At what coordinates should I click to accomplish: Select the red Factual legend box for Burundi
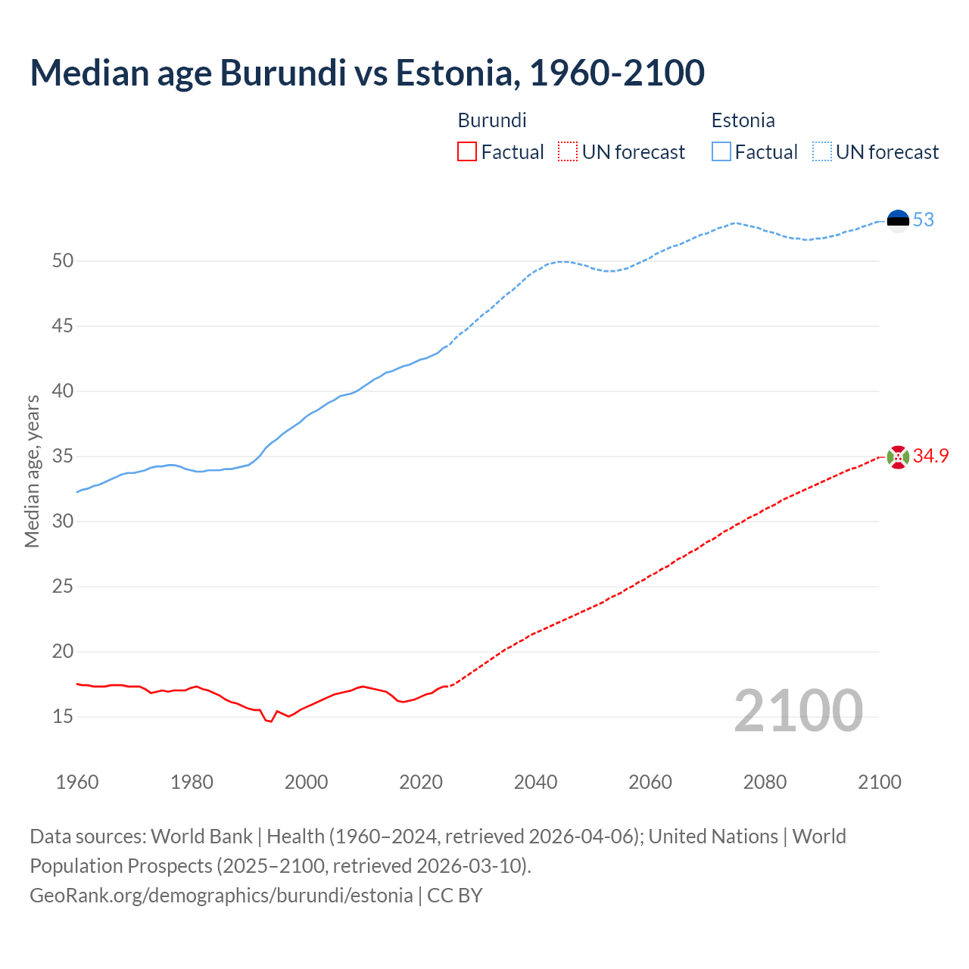point(467,152)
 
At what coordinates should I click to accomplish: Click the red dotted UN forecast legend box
point(567,152)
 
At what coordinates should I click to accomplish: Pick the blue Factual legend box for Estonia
point(721,152)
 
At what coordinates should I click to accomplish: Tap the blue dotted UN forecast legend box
point(821,152)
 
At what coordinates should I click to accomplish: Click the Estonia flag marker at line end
point(898,220)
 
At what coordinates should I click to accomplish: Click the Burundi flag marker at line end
point(898,456)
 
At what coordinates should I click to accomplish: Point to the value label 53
point(924,220)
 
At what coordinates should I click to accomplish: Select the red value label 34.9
point(930,456)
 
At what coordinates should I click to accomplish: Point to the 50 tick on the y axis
point(63,261)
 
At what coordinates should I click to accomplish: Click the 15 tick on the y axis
point(63,716)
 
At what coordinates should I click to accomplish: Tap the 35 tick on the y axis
point(63,456)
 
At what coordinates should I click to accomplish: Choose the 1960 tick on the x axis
point(77,782)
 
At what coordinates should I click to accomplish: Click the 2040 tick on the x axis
point(535,782)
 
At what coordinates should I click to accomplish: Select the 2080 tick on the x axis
point(765,782)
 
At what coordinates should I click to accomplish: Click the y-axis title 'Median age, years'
point(32,471)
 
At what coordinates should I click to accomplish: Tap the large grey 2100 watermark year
point(798,710)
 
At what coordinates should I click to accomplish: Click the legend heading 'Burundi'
point(492,120)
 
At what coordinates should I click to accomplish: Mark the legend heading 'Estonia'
point(743,120)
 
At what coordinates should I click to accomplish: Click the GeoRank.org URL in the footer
point(221,896)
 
